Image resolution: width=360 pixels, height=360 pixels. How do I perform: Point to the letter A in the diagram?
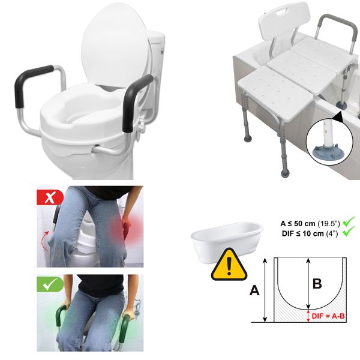(254, 290)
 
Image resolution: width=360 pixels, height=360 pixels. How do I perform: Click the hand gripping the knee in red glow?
(128, 228)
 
